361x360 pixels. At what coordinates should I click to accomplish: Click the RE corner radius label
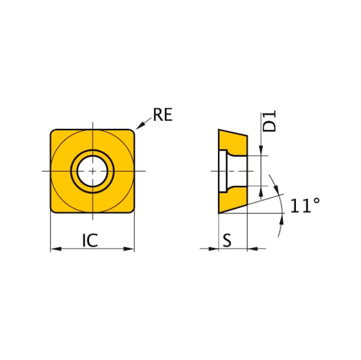[x=162, y=115]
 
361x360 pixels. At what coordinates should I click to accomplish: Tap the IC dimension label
[x=90, y=240]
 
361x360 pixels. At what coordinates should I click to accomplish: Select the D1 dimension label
[x=269, y=121]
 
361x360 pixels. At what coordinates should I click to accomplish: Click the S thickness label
[x=227, y=240]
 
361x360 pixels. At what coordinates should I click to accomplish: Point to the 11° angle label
[x=305, y=205]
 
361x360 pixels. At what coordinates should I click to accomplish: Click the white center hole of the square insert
[x=92, y=171]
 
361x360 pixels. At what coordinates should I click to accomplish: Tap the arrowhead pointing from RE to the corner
[x=140, y=125]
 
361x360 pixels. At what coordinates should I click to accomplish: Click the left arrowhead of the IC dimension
[x=56, y=249]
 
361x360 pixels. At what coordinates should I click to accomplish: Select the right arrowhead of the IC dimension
[x=128, y=249]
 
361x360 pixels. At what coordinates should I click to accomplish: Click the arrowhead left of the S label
[x=213, y=249]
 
